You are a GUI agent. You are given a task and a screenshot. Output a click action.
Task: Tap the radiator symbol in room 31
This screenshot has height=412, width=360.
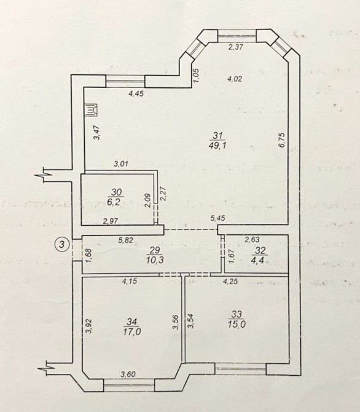click(x=91, y=110)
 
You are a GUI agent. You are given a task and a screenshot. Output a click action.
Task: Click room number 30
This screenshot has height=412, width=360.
click(x=117, y=192)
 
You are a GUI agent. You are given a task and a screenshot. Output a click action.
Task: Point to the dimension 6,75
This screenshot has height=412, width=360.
click(x=281, y=141)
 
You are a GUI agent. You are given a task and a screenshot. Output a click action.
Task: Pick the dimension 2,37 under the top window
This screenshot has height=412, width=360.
click(x=236, y=47)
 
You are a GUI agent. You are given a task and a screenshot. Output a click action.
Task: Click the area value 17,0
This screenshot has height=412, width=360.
click(x=132, y=331)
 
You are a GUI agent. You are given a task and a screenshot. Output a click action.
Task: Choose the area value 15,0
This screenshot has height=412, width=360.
click(x=237, y=324)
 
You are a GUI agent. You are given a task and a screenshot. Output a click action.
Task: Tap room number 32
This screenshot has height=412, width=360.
click(x=260, y=250)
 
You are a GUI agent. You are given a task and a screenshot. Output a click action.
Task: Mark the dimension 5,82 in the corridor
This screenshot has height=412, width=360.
click(x=126, y=240)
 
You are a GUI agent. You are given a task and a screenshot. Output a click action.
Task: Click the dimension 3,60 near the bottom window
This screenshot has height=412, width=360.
click(x=128, y=374)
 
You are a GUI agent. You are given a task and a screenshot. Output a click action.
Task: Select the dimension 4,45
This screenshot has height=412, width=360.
click(x=136, y=93)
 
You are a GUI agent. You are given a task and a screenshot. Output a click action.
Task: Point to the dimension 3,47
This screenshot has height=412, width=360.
click(x=97, y=133)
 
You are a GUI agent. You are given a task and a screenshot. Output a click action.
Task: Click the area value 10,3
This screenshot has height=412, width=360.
click(x=155, y=260)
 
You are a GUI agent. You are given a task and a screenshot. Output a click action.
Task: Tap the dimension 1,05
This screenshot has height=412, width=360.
click(x=197, y=74)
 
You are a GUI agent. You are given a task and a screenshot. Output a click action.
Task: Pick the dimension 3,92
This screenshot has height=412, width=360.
click(x=89, y=326)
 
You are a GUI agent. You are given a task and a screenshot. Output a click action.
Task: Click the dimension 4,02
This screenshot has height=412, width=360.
click(x=235, y=79)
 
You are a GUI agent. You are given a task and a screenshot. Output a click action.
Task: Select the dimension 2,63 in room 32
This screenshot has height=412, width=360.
click(x=252, y=239)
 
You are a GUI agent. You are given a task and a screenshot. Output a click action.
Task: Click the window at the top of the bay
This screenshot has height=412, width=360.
click(x=237, y=36)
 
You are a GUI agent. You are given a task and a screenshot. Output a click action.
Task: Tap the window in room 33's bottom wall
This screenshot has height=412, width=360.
click(x=241, y=369)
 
